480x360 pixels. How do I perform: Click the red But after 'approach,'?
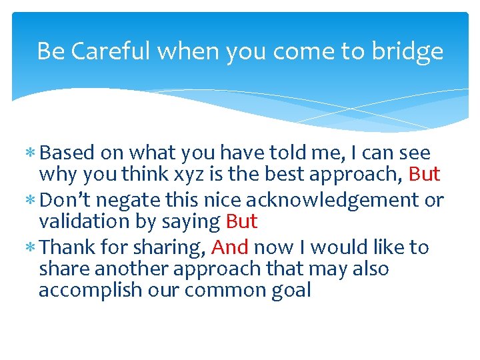click(x=424, y=175)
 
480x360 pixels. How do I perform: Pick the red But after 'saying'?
click(x=241, y=221)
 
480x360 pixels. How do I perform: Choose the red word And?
click(x=230, y=247)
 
